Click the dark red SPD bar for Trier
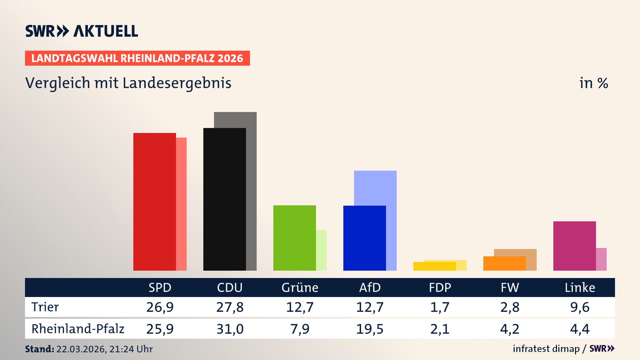(154, 202)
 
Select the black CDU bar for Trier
(224, 199)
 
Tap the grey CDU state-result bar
(251, 190)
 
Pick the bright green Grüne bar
(294, 238)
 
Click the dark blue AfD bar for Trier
(364, 238)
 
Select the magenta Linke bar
(574, 246)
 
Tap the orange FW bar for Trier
(504, 263)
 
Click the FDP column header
(440, 288)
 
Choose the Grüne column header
(300, 288)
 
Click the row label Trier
(45, 307)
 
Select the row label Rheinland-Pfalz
(78, 329)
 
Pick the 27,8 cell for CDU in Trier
(230, 307)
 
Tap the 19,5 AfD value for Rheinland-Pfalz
(370, 329)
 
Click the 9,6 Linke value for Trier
(580, 307)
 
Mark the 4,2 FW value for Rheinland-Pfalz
(510, 329)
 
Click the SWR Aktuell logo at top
(82, 31)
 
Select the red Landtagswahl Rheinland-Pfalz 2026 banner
(137, 58)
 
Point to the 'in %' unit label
(593, 83)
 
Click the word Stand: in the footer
(39, 349)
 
